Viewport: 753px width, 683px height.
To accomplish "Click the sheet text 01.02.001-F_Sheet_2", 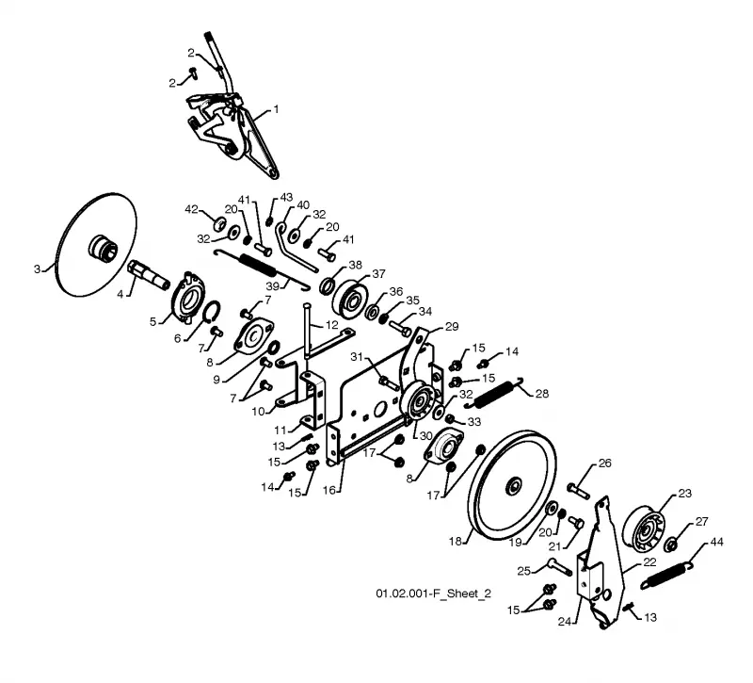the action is click(433, 594).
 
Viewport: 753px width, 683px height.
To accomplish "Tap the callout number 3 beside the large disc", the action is click(37, 268).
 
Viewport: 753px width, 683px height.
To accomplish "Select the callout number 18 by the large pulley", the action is click(455, 541).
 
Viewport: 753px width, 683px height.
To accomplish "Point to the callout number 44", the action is click(716, 543).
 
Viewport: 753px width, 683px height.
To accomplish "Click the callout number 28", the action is click(542, 394).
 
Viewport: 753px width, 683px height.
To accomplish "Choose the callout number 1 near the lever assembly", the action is click(276, 109).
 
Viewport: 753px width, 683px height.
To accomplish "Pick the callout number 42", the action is click(191, 209).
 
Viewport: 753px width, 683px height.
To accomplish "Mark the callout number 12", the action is click(332, 325).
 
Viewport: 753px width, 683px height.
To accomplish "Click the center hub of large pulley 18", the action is click(513, 485).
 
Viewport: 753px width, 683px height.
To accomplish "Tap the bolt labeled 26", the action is click(579, 491).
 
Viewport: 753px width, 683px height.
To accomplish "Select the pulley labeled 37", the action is click(350, 297).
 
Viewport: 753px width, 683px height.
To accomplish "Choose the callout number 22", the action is click(649, 561).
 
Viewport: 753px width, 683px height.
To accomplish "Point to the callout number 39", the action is click(273, 286).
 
